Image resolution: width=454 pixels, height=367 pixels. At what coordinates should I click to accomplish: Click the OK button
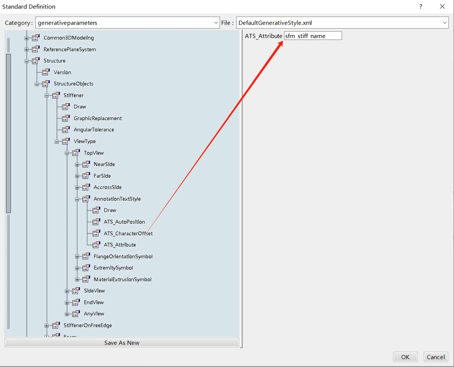pos(405,357)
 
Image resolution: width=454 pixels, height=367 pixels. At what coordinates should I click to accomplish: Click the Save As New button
pos(122,343)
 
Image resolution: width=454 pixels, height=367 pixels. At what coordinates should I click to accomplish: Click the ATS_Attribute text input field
pos(313,36)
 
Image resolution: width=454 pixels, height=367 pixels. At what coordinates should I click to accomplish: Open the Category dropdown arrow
pos(216,23)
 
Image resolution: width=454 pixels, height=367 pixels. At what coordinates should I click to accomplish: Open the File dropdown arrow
pos(445,23)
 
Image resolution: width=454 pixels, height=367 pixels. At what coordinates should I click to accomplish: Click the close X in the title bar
pos(442,7)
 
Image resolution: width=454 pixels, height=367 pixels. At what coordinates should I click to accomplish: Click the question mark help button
pos(420,7)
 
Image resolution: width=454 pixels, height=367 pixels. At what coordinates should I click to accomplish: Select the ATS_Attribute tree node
pos(120,245)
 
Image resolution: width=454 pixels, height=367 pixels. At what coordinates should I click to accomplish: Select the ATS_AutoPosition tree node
pos(124,222)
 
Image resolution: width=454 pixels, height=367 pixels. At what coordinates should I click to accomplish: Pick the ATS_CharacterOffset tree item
pos(128,233)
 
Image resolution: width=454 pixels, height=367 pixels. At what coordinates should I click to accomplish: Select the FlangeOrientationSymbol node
pos(123,256)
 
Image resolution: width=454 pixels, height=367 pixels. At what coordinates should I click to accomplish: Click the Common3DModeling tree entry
pos(69,38)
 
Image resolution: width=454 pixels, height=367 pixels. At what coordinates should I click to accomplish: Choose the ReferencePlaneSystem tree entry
pos(70,49)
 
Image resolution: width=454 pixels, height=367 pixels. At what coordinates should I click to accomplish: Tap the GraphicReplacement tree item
pos(97,118)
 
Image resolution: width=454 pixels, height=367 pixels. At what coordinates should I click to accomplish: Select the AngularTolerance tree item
pos(94,130)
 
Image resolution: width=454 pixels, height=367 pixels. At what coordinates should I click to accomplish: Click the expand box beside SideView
pos(67,291)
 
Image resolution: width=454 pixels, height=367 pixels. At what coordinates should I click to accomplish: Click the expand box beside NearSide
pos(77,165)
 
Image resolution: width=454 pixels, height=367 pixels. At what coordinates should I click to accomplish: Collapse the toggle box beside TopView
pos(67,153)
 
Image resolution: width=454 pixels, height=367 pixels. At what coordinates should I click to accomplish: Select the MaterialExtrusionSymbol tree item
pos(122,280)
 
